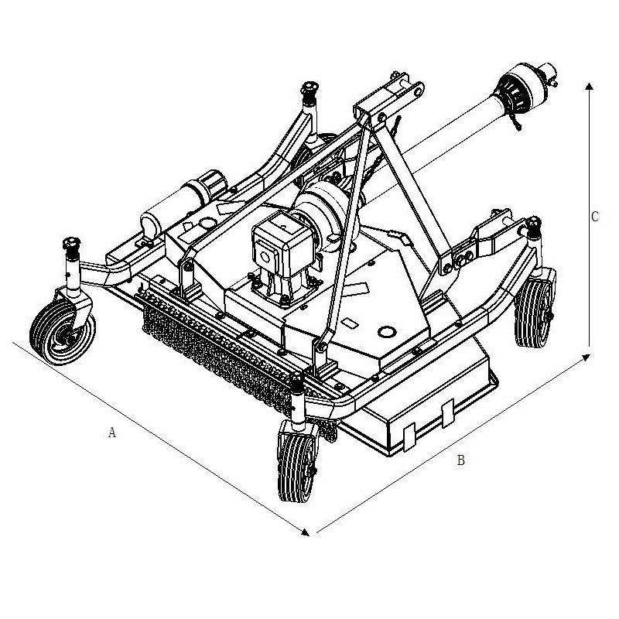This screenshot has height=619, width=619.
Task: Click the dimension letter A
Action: [111, 433]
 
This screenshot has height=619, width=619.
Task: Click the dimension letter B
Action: [460, 460]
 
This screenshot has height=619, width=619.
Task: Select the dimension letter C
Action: [594, 217]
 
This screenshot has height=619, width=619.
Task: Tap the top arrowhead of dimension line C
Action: [590, 87]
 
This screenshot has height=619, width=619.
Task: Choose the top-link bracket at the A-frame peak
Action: [387, 101]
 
